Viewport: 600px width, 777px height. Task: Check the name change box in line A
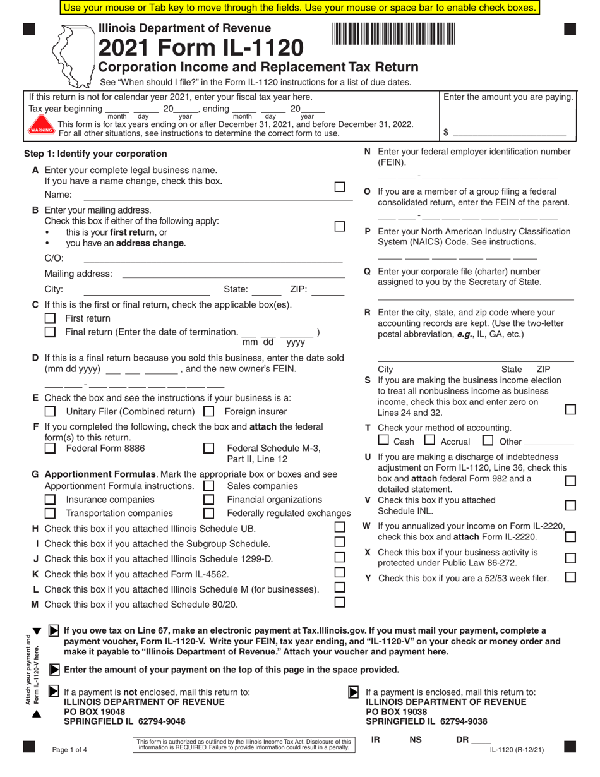click(340, 187)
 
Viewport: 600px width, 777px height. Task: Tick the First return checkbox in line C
click(51, 318)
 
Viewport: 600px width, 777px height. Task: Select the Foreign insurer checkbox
click(209, 411)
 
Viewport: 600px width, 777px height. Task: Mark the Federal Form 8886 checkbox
click(51, 449)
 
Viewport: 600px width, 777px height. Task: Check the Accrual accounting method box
click(429, 440)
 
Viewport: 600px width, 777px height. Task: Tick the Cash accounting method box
click(383, 440)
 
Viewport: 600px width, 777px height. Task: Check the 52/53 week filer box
click(570, 577)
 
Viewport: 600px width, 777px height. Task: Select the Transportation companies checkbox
click(51, 513)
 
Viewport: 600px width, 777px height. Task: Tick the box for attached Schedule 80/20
click(340, 603)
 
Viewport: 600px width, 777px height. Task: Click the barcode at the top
click(392, 33)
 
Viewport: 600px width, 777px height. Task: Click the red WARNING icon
click(42, 129)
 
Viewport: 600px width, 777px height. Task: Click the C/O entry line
click(213, 258)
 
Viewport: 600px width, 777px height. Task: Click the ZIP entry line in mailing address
click(328, 291)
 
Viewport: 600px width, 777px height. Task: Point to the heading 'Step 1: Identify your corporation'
click(95, 154)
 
